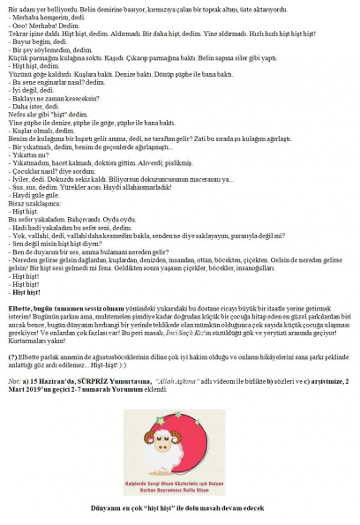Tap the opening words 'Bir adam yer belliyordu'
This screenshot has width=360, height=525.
click(x=40, y=4)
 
